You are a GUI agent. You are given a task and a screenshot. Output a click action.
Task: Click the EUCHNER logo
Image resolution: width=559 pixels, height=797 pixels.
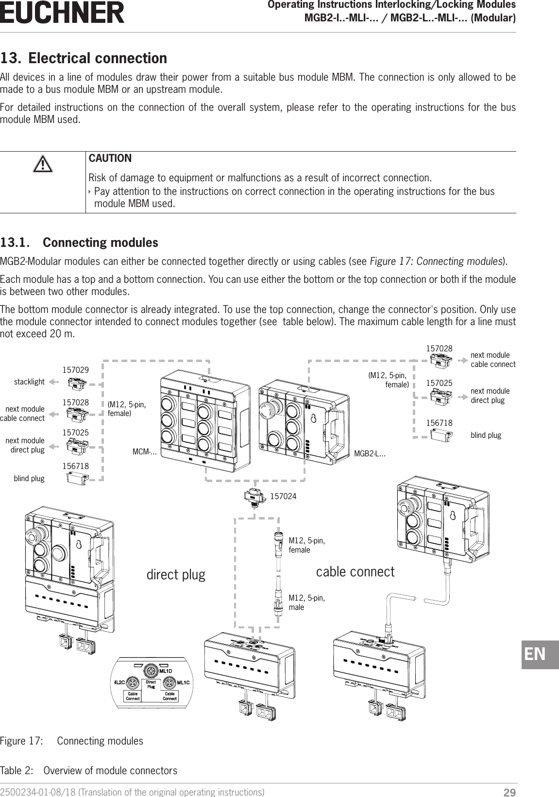coord(62,13)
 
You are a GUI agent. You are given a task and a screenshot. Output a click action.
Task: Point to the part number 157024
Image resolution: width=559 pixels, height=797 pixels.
coord(283,496)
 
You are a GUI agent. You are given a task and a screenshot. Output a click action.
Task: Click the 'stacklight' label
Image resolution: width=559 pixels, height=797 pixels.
coord(29,382)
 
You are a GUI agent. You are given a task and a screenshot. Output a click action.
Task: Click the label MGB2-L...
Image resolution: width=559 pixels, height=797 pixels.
coord(370,453)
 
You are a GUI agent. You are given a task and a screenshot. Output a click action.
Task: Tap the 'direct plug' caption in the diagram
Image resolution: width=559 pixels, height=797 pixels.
coord(176,575)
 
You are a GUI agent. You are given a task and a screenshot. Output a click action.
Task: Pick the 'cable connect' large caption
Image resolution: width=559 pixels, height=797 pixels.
coord(355,572)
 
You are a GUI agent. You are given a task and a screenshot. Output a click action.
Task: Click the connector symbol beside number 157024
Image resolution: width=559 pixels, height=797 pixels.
coord(254,497)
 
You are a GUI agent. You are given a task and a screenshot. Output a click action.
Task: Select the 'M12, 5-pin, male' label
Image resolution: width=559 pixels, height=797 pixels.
coord(306,603)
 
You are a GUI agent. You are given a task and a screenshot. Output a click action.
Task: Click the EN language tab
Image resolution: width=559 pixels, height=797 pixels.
coord(540,654)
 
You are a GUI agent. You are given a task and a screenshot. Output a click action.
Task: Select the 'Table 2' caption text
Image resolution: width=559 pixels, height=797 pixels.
coord(88,771)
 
